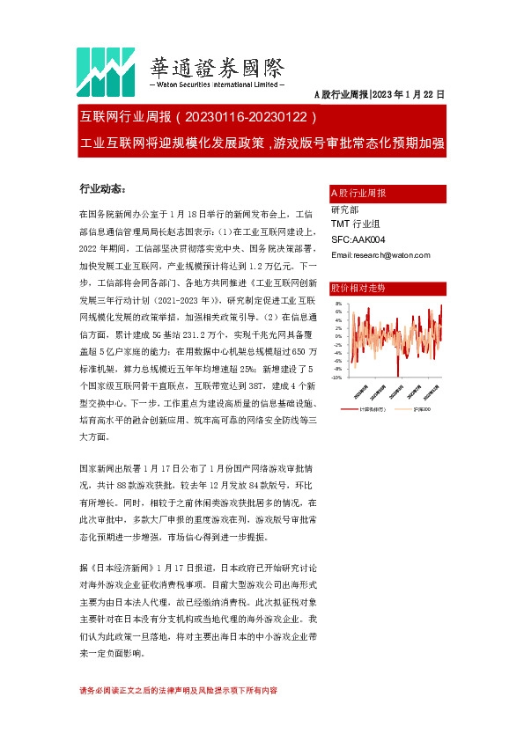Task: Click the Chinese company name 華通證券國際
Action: pyautogui.click(x=218, y=67)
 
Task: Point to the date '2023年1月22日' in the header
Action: pyautogui.click(x=410, y=94)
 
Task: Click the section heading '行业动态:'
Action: pyautogui.click(x=102, y=188)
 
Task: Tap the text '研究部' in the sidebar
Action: pyautogui.click(x=344, y=209)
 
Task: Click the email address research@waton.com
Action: pyautogui.click(x=380, y=255)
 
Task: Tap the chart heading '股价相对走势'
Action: pyautogui.click(x=357, y=289)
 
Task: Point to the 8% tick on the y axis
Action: pyautogui.click(x=338, y=304)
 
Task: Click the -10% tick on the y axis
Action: pyautogui.click(x=336, y=378)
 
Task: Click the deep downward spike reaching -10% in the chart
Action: pyautogui.click(x=396, y=375)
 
